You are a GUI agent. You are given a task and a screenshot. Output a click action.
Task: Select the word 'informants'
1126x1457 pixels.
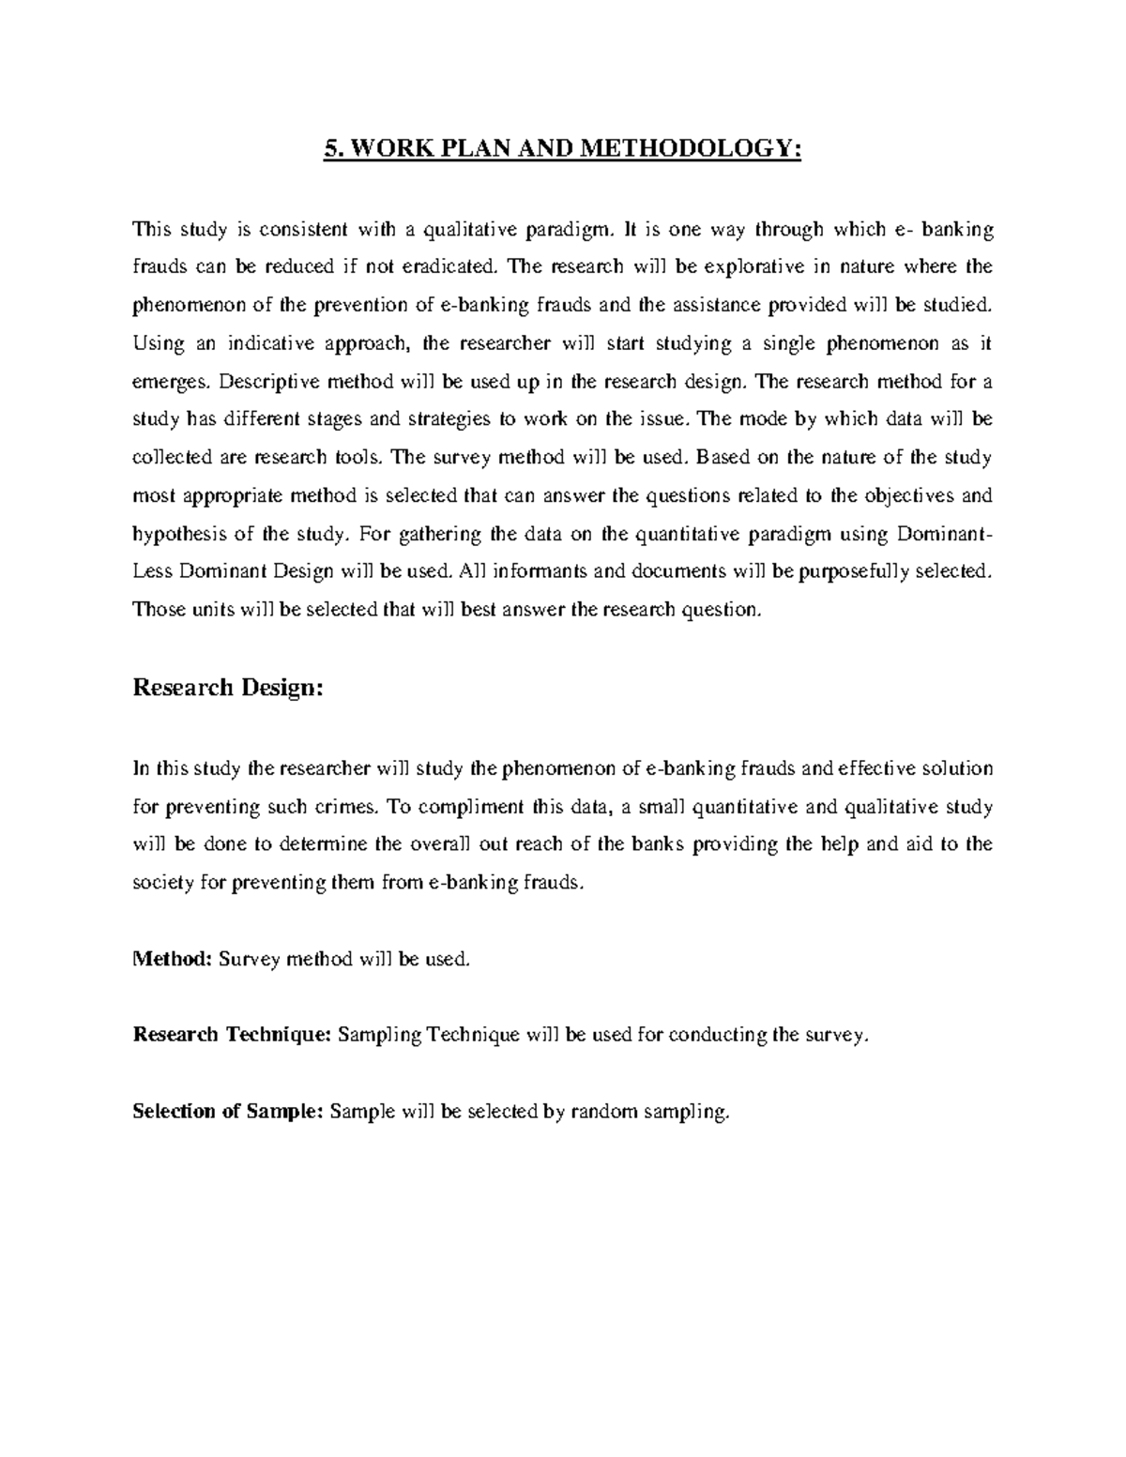coord(539,572)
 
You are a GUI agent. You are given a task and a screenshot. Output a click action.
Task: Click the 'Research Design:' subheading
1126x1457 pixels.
coord(228,688)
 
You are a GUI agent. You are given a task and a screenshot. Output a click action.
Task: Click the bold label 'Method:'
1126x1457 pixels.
coord(173,959)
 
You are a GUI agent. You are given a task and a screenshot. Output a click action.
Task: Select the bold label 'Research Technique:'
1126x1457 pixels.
coord(232,1035)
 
